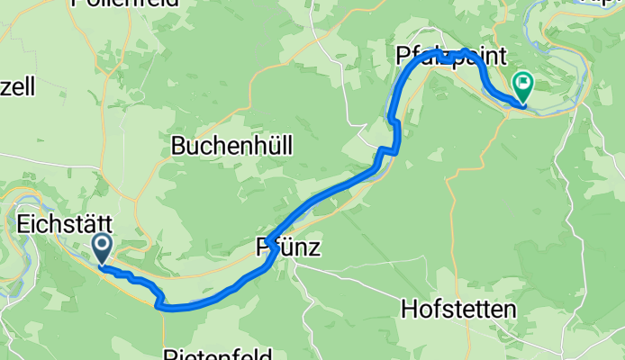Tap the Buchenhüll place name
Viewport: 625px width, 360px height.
coord(231,146)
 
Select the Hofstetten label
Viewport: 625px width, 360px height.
coord(458,310)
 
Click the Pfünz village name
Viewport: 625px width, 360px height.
coord(288,247)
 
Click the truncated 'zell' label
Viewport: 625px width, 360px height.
coord(17,87)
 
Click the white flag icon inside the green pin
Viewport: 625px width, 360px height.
coord(522,84)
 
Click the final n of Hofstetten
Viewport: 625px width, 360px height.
coord(510,310)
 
